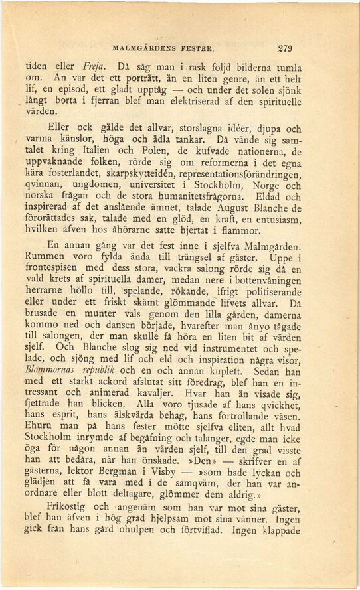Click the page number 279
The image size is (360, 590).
click(285, 48)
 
